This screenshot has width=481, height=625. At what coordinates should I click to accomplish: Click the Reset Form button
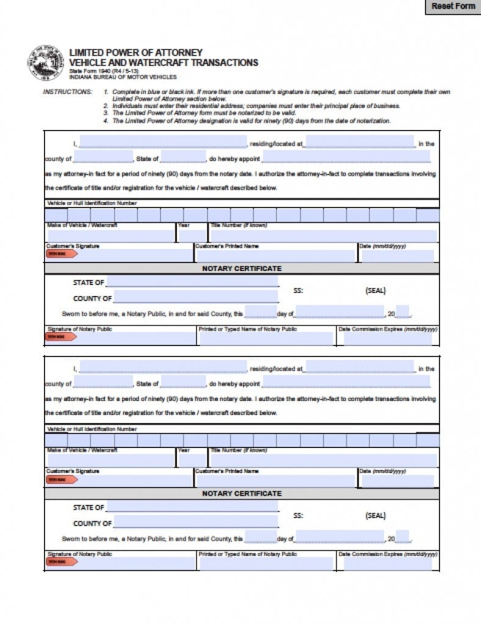453,7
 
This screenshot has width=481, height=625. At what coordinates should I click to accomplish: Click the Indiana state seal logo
46,62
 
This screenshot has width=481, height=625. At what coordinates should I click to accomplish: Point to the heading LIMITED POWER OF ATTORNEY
136,52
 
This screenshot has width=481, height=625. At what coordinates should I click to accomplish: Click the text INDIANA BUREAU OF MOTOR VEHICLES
123,78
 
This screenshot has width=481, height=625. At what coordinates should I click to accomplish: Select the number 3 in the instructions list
106,113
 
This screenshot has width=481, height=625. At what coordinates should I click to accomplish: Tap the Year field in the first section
192,236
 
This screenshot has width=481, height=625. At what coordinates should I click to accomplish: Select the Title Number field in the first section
324,236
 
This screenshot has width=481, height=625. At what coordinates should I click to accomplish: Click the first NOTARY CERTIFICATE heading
242,269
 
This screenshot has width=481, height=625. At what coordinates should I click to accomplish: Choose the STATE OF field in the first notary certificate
192,283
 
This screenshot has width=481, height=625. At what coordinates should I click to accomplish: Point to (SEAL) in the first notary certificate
375,291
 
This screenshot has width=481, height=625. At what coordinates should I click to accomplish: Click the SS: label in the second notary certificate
298,516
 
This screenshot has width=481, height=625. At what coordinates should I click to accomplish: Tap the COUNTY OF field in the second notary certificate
195,523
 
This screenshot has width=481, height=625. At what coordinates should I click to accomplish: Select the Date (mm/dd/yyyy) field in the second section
397,481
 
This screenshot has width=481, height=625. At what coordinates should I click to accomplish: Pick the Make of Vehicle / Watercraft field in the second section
110,461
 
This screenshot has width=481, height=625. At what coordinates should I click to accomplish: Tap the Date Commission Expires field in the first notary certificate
388,339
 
